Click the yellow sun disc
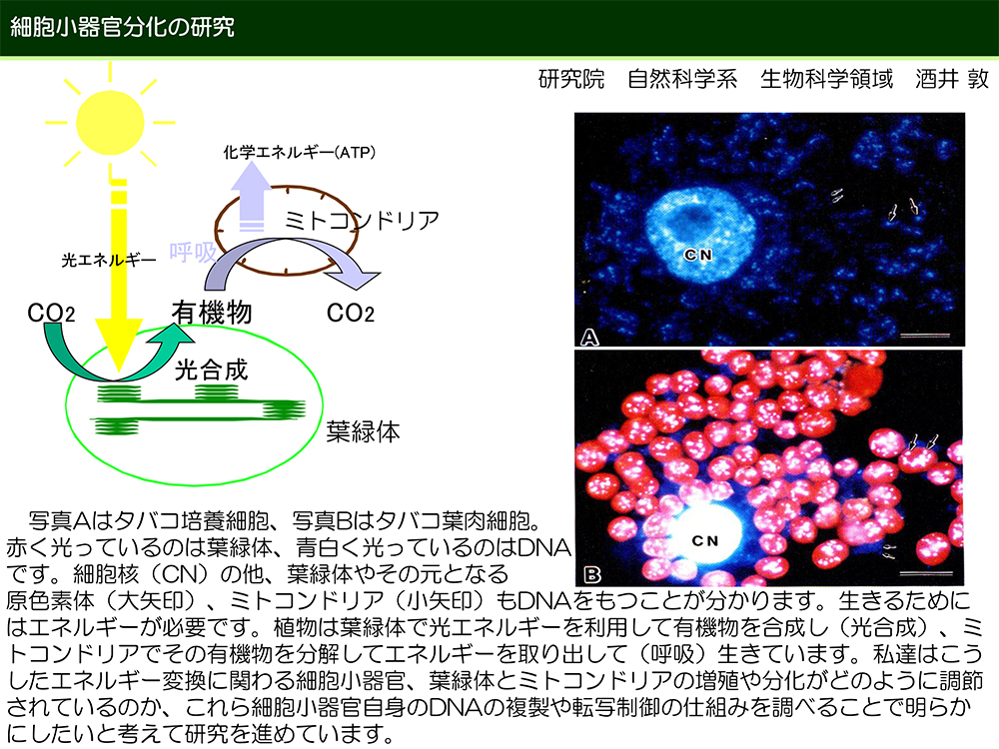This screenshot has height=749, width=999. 110,123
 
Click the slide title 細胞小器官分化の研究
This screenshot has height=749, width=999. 122,27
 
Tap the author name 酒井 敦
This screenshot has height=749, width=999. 952,79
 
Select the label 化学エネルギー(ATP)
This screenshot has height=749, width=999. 300,153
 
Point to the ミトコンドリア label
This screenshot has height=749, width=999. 362,221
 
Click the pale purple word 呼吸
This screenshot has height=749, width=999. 193,253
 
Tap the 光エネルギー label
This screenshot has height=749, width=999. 108,260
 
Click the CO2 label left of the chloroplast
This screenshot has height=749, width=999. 51,313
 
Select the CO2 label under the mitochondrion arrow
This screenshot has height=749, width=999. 351,313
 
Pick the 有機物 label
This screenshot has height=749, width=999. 212,313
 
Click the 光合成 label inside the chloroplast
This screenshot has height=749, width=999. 211,370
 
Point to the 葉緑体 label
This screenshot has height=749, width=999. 364,431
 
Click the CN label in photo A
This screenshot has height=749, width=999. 698,255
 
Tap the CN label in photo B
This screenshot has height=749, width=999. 705,540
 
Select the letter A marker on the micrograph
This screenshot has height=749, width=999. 590,337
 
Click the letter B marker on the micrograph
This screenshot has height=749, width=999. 592,575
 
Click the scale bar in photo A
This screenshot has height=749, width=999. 925,335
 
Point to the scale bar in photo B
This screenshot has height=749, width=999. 927,572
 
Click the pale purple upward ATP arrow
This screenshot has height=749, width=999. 251,196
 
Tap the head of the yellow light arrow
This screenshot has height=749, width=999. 119,344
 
